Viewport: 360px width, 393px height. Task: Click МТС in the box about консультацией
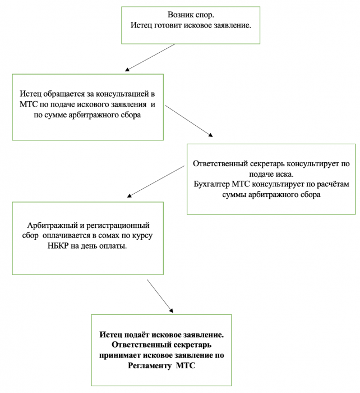pyautogui.click(x=29, y=104)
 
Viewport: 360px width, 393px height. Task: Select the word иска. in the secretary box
pyautogui.click(x=285, y=174)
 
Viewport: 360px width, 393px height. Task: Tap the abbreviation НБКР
pyautogui.click(x=58, y=246)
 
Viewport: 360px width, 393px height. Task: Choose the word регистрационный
pyautogui.click(x=118, y=225)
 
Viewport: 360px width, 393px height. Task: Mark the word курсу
pyautogui.click(x=142, y=236)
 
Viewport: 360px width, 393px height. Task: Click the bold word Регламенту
pyautogui.click(x=150, y=365)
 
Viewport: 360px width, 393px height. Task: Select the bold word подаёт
pyautogui.click(x=137, y=335)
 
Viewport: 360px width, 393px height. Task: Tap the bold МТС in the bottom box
pyautogui.click(x=186, y=365)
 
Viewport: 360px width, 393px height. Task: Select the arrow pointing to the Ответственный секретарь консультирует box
pyautogui.click(x=189, y=121)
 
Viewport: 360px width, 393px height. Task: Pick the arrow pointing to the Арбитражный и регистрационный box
pyautogui.click(x=156, y=181)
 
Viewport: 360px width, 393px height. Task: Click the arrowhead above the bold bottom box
pyautogui.click(x=170, y=310)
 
